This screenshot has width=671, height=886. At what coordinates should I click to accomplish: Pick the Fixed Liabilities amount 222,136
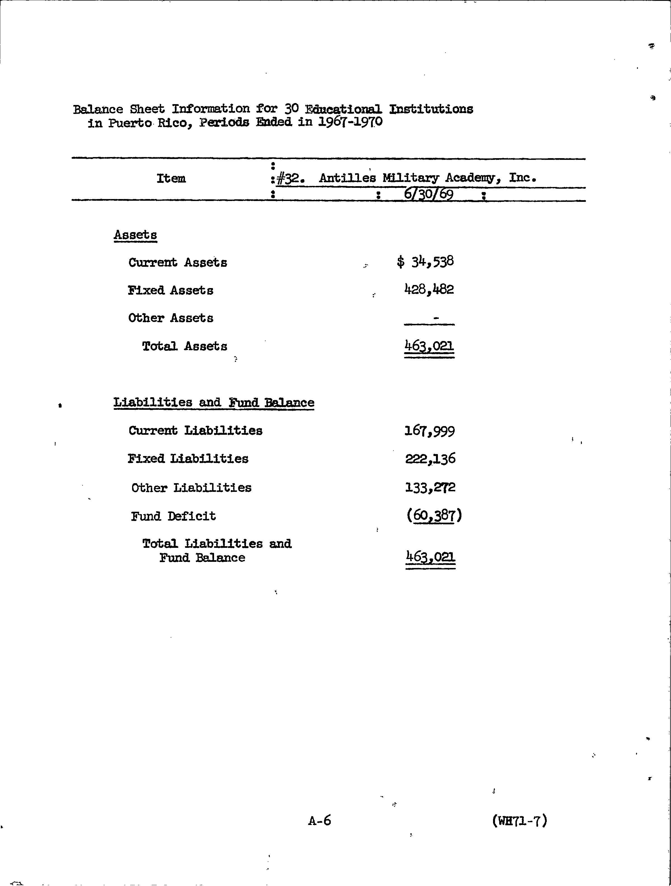click(x=430, y=459)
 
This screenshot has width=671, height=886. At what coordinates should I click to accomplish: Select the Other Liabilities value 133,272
click(x=430, y=487)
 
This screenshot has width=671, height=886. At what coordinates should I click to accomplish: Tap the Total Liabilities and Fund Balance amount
click(x=430, y=557)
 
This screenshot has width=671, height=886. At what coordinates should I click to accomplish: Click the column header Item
click(x=171, y=179)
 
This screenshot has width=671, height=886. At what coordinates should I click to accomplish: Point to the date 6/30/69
click(x=428, y=195)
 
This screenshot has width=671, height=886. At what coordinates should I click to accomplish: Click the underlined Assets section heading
click(x=135, y=235)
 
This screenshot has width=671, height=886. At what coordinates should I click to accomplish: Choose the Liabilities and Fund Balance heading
click(x=214, y=403)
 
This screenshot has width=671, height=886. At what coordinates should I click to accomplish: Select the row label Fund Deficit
click(x=173, y=516)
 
